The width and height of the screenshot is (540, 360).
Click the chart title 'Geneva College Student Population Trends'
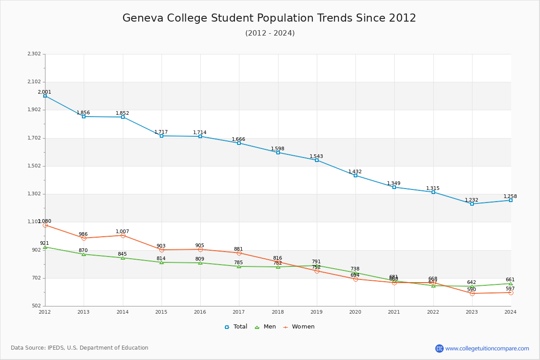click(x=269, y=18)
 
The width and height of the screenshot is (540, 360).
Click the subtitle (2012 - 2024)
click(x=270, y=33)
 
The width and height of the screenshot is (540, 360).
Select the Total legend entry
click(x=236, y=327)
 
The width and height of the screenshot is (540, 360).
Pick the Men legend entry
click(x=265, y=327)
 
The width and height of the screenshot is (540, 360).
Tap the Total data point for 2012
click(x=45, y=96)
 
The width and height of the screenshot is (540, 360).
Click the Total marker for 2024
click(x=511, y=200)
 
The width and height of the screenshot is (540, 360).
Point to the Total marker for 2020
click(x=355, y=175)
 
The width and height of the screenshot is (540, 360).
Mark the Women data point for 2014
click(x=123, y=235)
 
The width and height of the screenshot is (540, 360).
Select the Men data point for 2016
click(x=200, y=263)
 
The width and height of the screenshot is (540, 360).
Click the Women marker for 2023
click(x=472, y=293)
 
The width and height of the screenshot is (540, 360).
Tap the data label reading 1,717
click(x=161, y=132)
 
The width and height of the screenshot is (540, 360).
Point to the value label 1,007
click(x=122, y=232)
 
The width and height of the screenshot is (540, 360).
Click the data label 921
click(x=45, y=243)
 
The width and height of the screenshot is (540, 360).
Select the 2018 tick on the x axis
click(x=278, y=312)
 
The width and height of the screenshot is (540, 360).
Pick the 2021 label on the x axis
click(x=394, y=312)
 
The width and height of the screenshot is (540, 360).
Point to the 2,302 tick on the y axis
click(x=34, y=54)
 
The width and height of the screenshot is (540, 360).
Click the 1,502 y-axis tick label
click(x=34, y=166)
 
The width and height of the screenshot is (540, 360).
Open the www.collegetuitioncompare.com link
click(x=487, y=348)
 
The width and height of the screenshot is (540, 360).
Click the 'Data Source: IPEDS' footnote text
click(x=80, y=348)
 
